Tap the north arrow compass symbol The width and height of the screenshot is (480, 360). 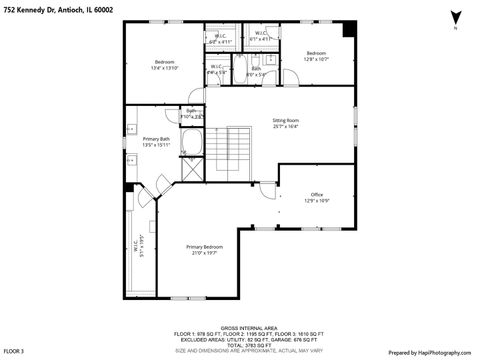click(x=455, y=17)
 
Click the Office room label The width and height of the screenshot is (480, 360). click(x=317, y=194)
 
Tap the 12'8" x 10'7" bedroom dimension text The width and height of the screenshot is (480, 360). click(x=316, y=59)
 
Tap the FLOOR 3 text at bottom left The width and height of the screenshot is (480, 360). click(x=13, y=352)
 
